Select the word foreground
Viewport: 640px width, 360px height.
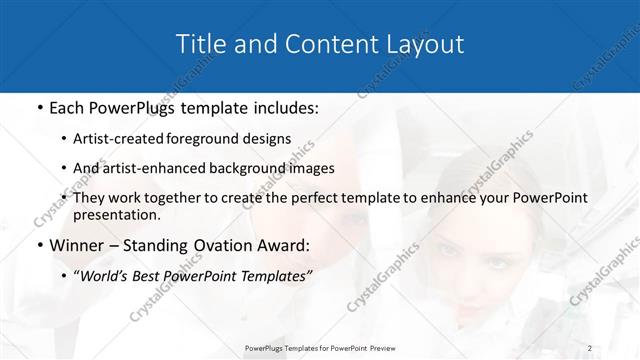[x=217, y=139]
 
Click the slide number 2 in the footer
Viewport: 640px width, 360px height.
[x=591, y=348]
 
